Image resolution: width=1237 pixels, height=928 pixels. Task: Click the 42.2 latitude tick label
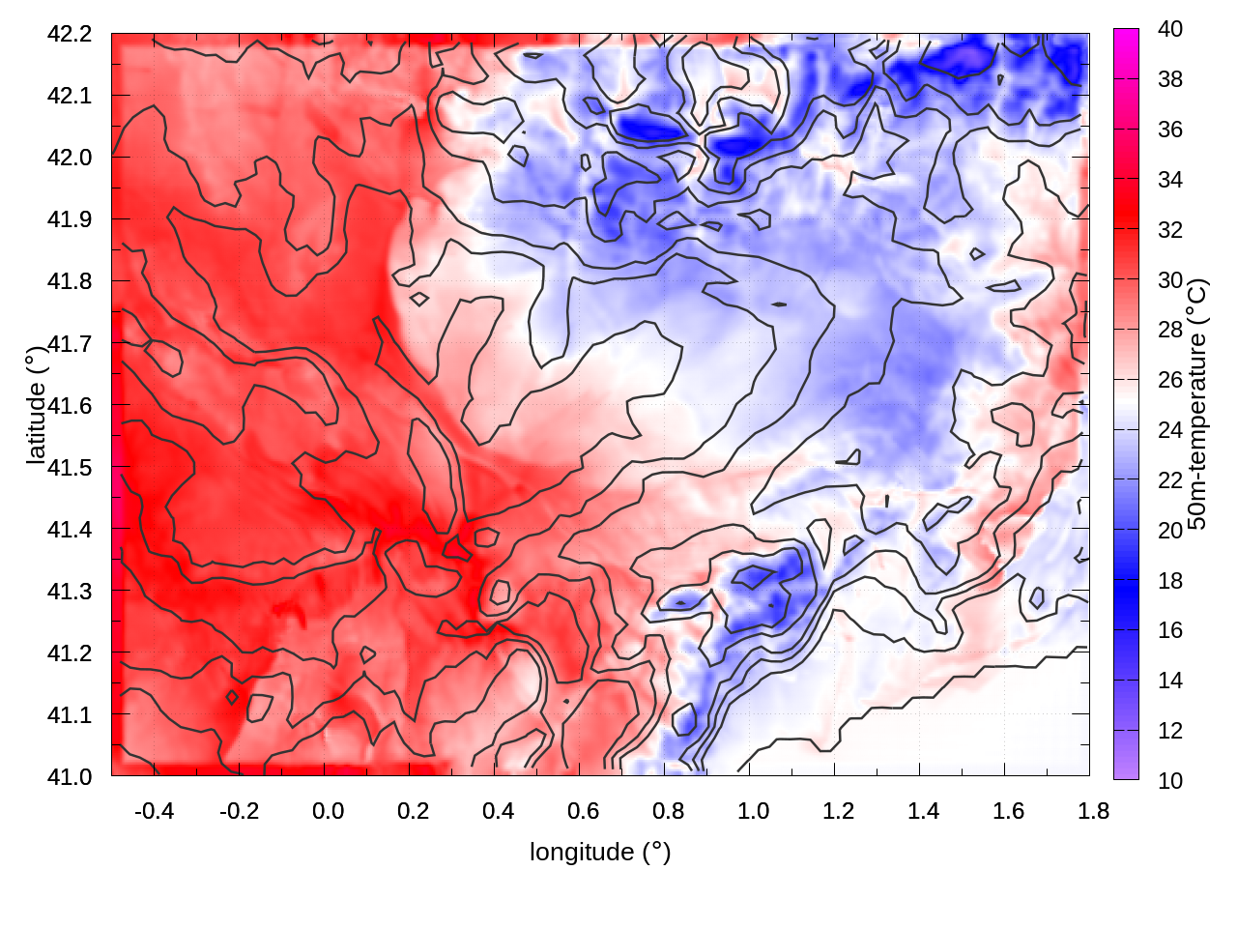pos(70,34)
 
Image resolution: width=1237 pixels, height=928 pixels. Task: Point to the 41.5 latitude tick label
pos(70,467)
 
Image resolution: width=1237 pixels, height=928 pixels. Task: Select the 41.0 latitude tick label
pos(70,776)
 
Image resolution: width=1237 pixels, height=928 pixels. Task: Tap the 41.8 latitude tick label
pos(70,281)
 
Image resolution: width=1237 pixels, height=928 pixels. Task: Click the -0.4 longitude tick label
pos(154,811)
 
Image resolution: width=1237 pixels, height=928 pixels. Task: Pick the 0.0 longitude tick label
pos(329,811)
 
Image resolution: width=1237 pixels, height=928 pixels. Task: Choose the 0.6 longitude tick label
pos(584,811)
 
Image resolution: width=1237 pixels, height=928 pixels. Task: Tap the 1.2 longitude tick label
pos(839,811)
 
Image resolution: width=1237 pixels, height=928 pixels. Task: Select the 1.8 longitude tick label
pos(1094,811)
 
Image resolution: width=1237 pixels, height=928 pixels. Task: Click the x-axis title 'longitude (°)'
pos(600,852)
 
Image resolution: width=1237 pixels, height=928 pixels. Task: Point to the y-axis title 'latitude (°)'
pos(36,406)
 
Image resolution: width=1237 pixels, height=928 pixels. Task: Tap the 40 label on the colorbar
pos(1170,29)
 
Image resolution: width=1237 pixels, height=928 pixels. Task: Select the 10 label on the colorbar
pos(1170,780)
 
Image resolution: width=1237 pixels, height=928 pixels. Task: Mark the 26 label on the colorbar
pos(1170,380)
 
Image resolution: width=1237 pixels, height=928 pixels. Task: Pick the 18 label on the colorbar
pos(1170,580)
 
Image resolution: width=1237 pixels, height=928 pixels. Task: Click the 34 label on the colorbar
pos(1170,180)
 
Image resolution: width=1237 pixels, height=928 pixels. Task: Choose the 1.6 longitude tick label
pos(1009,811)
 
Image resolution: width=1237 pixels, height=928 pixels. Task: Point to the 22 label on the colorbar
pos(1170,480)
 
